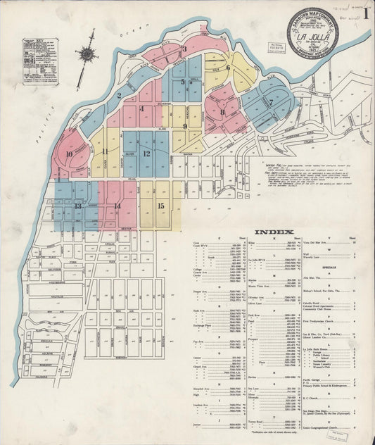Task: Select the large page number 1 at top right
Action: point(367,13)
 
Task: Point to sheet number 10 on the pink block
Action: point(69,154)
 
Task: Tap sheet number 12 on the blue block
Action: point(146,153)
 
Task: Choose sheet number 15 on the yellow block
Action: point(161,205)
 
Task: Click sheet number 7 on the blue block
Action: point(271,101)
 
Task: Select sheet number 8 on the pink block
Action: point(222,112)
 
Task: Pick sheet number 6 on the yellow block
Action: point(229,68)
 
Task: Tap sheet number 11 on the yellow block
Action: point(105,151)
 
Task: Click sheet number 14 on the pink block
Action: point(117,206)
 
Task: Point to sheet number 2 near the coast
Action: point(120,95)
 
